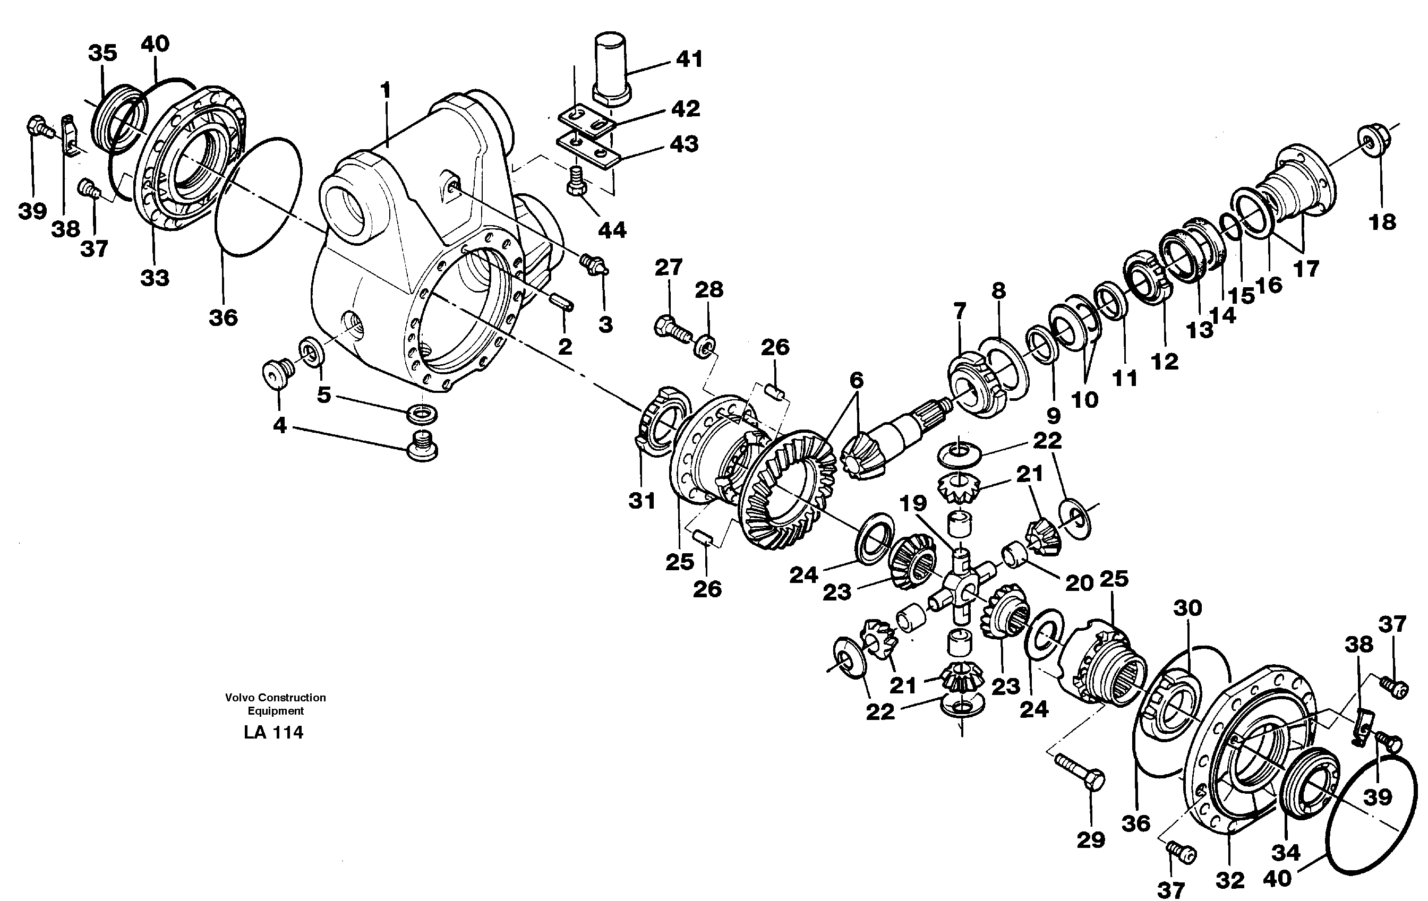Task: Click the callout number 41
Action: pyautogui.click(x=689, y=60)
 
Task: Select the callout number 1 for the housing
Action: pyautogui.click(x=386, y=91)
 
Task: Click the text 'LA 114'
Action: pyautogui.click(x=273, y=733)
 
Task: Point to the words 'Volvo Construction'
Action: pyautogui.click(x=275, y=698)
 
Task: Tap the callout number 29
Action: pyautogui.click(x=1091, y=840)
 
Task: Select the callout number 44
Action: pyautogui.click(x=612, y=230)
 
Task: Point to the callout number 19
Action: pyautogui.click(x=913, y=503)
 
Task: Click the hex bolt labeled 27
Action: pyautogui.click(x=671, y=327)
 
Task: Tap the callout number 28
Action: pyautogui.click(x=709, y=290)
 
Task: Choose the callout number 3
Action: pyautogui.click(x=605, y=324)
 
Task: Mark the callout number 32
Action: pyautogui.click(x=1229, y=880)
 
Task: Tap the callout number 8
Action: pyautogui.click(x=999, y=291)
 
